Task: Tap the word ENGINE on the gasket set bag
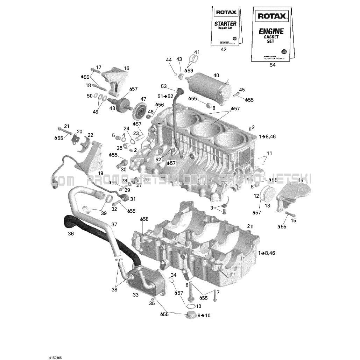click(271, 31)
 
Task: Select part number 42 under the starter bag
click(224, 50)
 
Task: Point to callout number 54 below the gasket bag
click(273, 65)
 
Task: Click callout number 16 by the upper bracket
click(126, 68)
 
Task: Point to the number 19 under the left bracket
click(101, 173)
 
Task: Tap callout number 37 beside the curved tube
click(114, 224)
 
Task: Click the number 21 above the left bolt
click(67, 126)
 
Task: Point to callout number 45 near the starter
click(242, 89)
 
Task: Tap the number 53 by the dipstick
click(164, 86)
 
